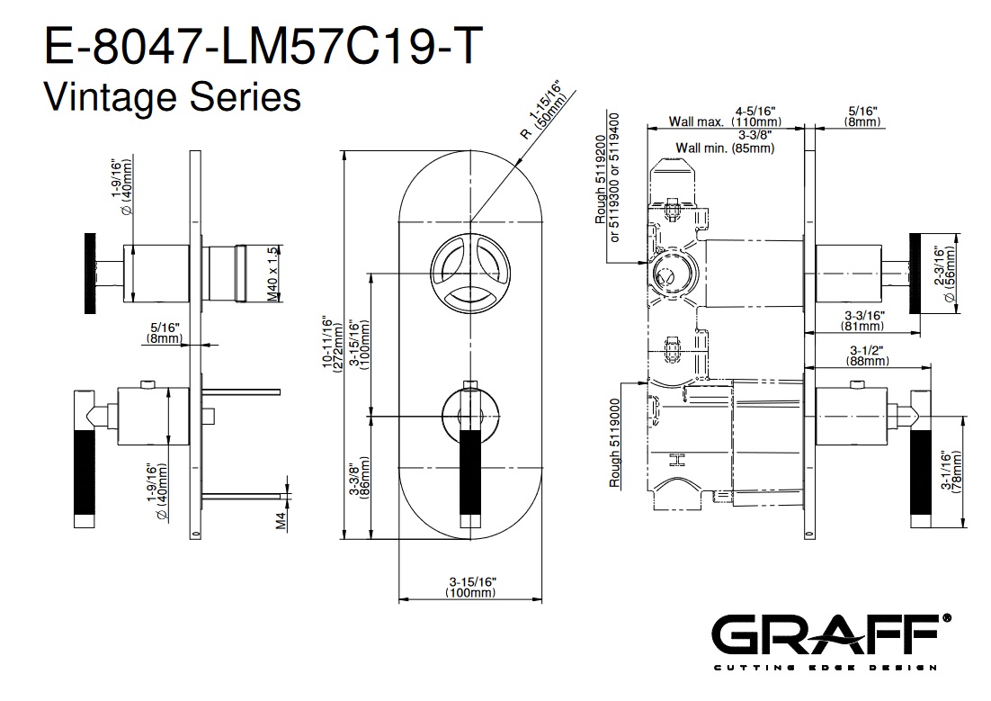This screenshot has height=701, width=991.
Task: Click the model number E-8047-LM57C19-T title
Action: [263, 46]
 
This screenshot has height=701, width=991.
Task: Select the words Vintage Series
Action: [172, 97]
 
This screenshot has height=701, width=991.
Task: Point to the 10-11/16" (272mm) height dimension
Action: [332, 342]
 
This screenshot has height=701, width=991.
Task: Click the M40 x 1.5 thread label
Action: [272, 274]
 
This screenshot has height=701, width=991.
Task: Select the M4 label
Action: [281, 520]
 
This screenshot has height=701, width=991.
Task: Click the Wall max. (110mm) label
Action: [725, 121]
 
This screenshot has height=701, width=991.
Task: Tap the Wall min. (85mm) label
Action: [725, 148]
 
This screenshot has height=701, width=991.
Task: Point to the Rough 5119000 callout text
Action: [614, 443]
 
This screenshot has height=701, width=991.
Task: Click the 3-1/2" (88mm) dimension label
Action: [867, 355]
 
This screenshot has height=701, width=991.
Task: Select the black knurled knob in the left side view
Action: [91, 274]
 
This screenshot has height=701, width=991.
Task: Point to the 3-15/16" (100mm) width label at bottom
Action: [472, 587]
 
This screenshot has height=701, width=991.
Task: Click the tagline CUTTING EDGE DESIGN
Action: [826, 668]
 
